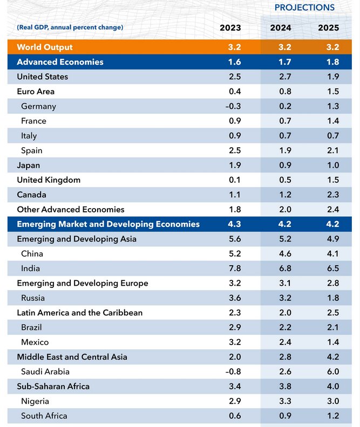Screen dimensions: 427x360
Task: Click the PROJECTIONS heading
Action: pos(304,8)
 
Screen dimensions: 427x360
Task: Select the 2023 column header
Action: pos(230,27)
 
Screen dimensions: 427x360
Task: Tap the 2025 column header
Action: pos(329,27)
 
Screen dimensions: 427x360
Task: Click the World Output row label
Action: pos(45,47)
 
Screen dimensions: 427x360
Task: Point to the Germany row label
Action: pos(38,106)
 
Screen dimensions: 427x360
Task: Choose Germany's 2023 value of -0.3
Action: pos(233,106)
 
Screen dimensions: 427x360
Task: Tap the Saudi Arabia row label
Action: pos(45,371)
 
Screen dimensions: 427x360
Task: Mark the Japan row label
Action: pos(29,165)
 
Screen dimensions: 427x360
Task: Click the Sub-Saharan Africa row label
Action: pos(53,386)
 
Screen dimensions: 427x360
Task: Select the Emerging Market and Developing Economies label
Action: pos(108,224)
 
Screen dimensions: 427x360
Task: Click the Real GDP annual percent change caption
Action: pos(70,27)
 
